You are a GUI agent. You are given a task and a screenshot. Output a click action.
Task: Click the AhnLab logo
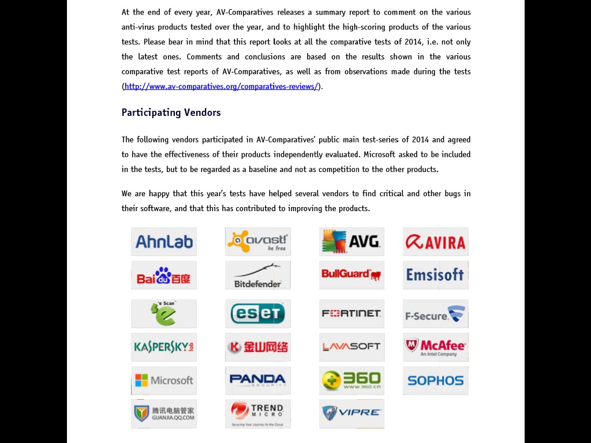[x=164, y=241]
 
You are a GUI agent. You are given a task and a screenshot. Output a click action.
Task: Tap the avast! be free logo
[x=258, y=241]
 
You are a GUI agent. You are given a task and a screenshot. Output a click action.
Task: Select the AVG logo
[x=351, y=241]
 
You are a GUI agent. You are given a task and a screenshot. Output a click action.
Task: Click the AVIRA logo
[x=436, y=241]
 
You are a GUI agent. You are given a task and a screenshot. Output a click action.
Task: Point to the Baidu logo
[x=164, y=275]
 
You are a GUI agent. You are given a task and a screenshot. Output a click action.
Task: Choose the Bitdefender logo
[x=258, y=275]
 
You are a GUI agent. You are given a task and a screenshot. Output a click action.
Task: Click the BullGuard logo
[x=351, y=275]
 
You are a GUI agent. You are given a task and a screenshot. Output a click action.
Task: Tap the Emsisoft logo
[x=436, y=275]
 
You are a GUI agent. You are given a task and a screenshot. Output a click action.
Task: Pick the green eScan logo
[x=164, y=313]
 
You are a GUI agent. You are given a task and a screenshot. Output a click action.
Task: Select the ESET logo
[x=258, y=313]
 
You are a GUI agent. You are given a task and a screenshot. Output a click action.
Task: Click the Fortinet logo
[x=351, y=313]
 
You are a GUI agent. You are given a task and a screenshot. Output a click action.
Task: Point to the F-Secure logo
[x=436, y=314]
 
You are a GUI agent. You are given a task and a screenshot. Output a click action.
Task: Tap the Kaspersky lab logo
[x=164, y=347]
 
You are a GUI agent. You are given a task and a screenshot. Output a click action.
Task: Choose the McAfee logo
[x=436, y=347]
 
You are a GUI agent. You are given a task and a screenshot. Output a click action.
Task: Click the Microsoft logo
[x=164, y=380]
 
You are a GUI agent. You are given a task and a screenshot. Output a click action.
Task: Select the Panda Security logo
[x=258, y=380]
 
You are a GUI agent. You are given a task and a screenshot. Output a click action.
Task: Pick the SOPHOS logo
[x=436, y=380]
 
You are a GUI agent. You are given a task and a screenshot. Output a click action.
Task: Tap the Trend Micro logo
[x=258, y=414]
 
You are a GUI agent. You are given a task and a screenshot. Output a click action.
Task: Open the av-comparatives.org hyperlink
[x=221, y=87]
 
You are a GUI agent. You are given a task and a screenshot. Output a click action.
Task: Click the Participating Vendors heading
[x=171, y=112]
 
